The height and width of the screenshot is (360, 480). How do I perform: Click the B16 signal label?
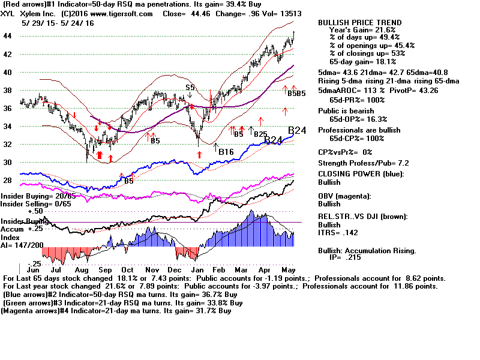pos(226,152)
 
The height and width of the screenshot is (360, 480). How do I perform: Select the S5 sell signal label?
pos(190,88)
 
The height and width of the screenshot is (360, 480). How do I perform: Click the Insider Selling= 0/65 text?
pos(38,204)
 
